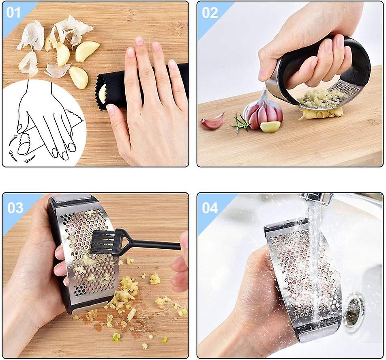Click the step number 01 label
(13, 12)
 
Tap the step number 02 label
(210, 13)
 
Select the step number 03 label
(15, 208)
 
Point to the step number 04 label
(210, 208)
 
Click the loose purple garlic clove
(212, 121)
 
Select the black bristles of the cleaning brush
(103, 243)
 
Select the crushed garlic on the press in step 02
(318, 99)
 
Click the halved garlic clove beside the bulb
(270, 127)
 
